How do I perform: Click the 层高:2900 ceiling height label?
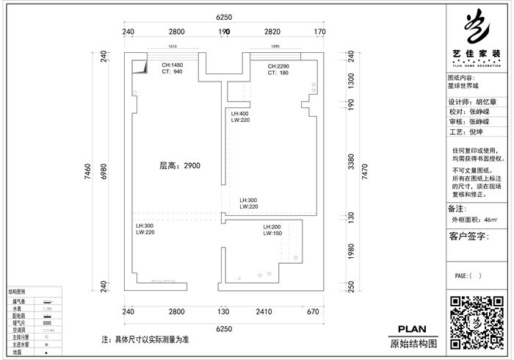coord(180,166)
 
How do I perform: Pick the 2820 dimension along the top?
coord(272,32)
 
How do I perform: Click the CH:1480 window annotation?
coord(172,65)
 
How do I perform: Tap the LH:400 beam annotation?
coord(240,114)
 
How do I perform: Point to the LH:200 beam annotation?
coord(272,227)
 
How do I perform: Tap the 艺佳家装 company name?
coord(477,54)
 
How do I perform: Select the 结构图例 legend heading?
coord(18,292)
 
